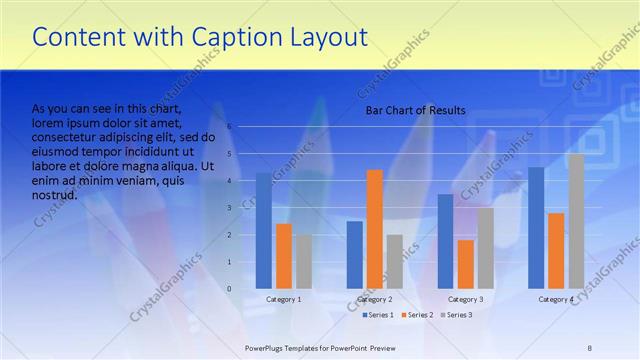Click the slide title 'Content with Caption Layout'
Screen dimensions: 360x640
point(200,38)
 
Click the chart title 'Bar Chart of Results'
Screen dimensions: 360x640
point(414,110)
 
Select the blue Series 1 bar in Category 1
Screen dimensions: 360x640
point(264,231)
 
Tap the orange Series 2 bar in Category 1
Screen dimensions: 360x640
point(284,256)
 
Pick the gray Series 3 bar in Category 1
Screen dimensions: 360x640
point(303,262)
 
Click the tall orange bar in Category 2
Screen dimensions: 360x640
point(375,229)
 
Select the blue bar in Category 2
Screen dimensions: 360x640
point(355,255)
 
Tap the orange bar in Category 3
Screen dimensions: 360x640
point(465,264)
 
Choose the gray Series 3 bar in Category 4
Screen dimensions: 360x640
point(576,221)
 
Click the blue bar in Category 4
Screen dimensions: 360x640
point(536,228)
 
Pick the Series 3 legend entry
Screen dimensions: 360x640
point(458,315)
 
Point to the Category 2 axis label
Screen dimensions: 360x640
point(375,299)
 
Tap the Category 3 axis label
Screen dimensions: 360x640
point(465,299)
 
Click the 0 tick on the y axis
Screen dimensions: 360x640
point(229,289)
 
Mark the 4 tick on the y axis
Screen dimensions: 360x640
point(229,181)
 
